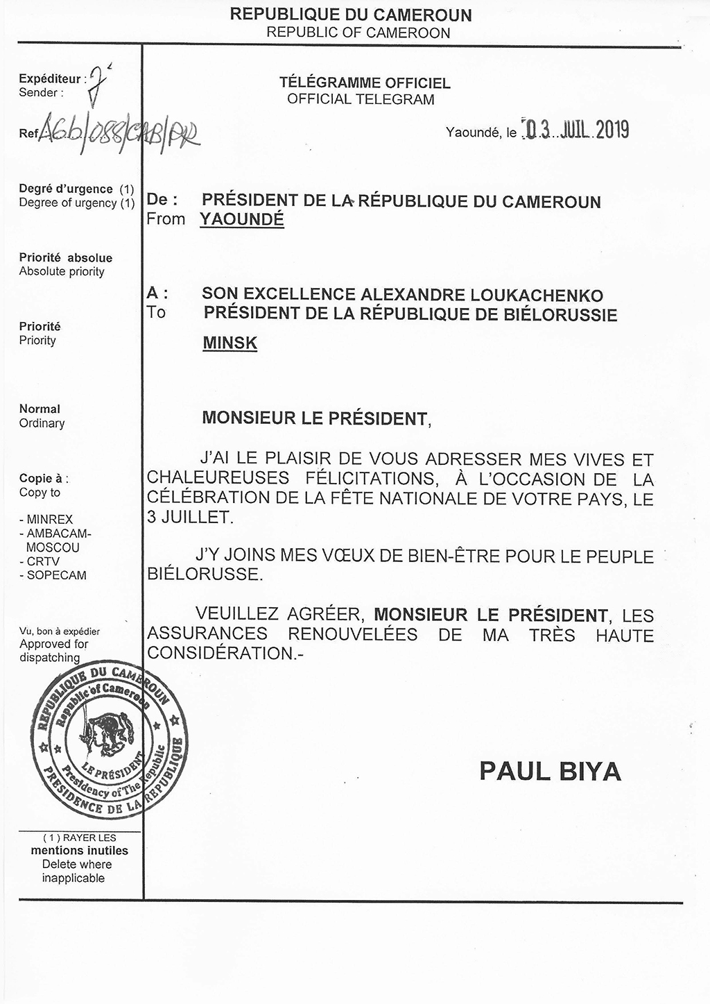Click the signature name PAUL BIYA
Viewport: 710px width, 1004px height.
[x=549, y=771]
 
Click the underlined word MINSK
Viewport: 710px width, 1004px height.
[x=230, y=343]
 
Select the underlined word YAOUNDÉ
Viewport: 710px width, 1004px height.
[x=242, y=220]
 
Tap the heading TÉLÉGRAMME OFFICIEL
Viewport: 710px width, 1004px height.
[x=364, y=83]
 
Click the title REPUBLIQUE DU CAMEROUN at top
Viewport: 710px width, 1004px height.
[x=350, y=14]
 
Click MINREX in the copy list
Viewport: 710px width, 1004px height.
[x=49, y=520]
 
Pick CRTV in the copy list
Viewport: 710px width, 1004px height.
[x=43, y=561]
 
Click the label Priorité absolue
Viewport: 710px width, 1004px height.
[x=65, y=257]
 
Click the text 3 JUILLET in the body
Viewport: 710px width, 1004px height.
[x=187, y=517]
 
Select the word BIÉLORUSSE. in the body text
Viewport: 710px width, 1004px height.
[x=205, y=575]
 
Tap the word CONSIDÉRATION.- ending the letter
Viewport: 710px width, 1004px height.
[x=226, y=654]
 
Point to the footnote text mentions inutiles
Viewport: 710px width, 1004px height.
[x=79, y=851]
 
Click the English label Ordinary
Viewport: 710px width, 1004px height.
[x=42, y=423]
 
